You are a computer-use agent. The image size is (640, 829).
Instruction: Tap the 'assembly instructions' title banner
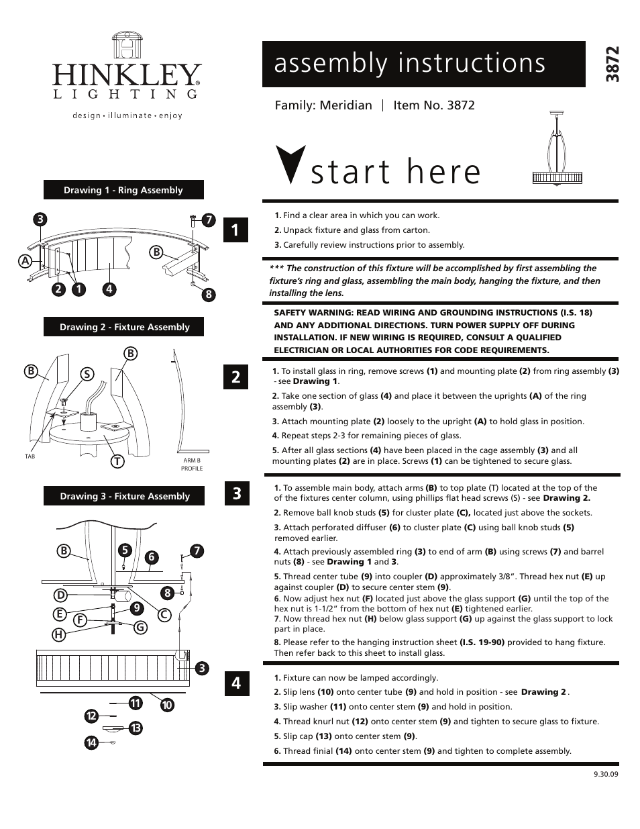tap(423, 64)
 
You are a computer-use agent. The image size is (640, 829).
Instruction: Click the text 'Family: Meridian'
tap(323, 105)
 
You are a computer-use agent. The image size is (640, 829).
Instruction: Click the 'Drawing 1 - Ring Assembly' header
tap(123, 190)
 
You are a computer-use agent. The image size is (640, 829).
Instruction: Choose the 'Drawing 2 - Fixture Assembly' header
tap(124, 327)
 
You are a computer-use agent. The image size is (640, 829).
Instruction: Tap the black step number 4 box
tap(236, 683)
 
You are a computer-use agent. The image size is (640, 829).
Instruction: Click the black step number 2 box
tap(236, 377)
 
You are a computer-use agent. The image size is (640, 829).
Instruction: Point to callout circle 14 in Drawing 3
tap(91, 742)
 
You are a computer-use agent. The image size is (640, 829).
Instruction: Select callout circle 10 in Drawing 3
tap(167, 705)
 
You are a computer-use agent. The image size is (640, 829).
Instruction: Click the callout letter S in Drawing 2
tap(86, 374)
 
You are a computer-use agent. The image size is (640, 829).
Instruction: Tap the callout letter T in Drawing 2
tap(117, 461)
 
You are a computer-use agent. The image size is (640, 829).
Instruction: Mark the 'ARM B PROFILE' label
tap(192, 465)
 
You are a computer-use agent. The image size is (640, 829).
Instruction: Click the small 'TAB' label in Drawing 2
tap(30, 456)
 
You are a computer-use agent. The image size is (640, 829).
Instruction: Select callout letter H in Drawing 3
tap(59, 635)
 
